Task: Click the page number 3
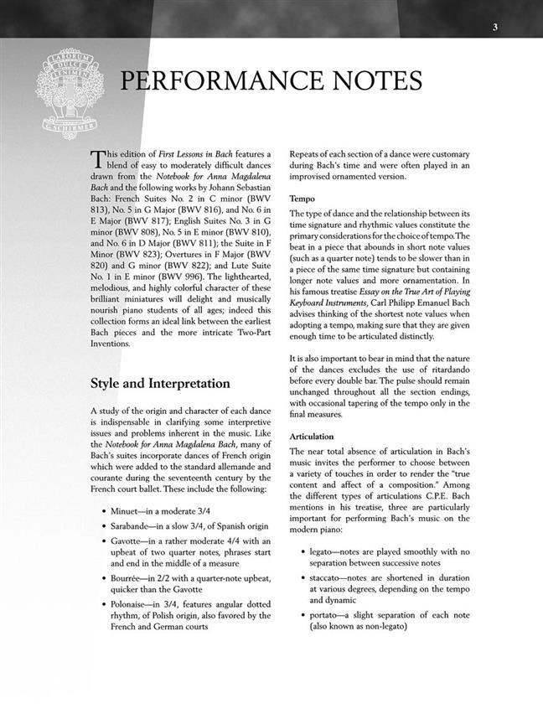[x=495, y=27]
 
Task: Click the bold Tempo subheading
[x=303, y=199]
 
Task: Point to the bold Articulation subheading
[x=312, y=437]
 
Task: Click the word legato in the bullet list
[x=323, y=551]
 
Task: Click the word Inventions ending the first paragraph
[x=114, y=342]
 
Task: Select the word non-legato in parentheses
[x=381, y=627]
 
